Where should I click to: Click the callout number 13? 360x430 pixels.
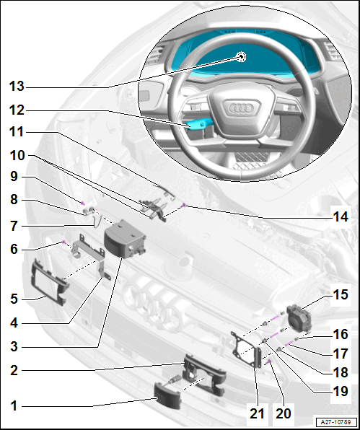click(x=17, y=87)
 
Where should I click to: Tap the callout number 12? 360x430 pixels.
click(x=17, y=110)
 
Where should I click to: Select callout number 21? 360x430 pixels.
click(x=257, y=413)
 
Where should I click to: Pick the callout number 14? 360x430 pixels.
click(x=341, y=216)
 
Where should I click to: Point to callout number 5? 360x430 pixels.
click(x=14, y=299)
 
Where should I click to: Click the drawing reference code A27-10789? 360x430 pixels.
click(x=336, y=422)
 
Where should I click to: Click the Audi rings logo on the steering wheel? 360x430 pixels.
click(x=241, y=108)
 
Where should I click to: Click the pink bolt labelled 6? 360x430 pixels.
click(x=64, y=242)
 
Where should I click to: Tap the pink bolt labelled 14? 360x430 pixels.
click(x=184, y=205)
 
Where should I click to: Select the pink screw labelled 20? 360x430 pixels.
click(x=269, y=361)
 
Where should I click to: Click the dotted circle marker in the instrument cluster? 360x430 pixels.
click(x=241, y=57)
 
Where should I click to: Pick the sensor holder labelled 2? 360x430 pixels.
click(x=204, y=374)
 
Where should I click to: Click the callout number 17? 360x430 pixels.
click(x=341, y=354)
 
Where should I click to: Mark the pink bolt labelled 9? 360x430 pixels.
click(x=82, y=203)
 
